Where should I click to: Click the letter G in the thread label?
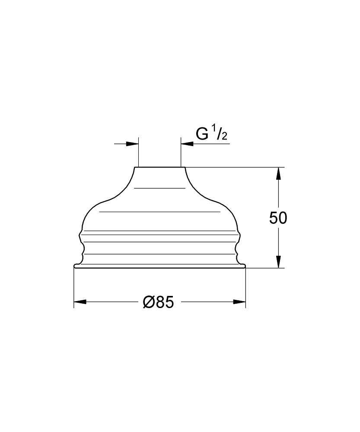click(x=202, y=134)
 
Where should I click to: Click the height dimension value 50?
click(x=278, y=218)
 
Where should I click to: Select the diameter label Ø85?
click(x=159, y=302)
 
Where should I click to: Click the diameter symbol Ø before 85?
click(x=149, y=302)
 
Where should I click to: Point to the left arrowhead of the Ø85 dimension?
click(x=80, y=302)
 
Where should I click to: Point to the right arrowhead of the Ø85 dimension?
click(x=239, y=302)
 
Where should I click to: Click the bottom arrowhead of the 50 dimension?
click(x=278, y=262)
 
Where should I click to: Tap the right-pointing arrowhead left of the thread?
click(x=132, y=143)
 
